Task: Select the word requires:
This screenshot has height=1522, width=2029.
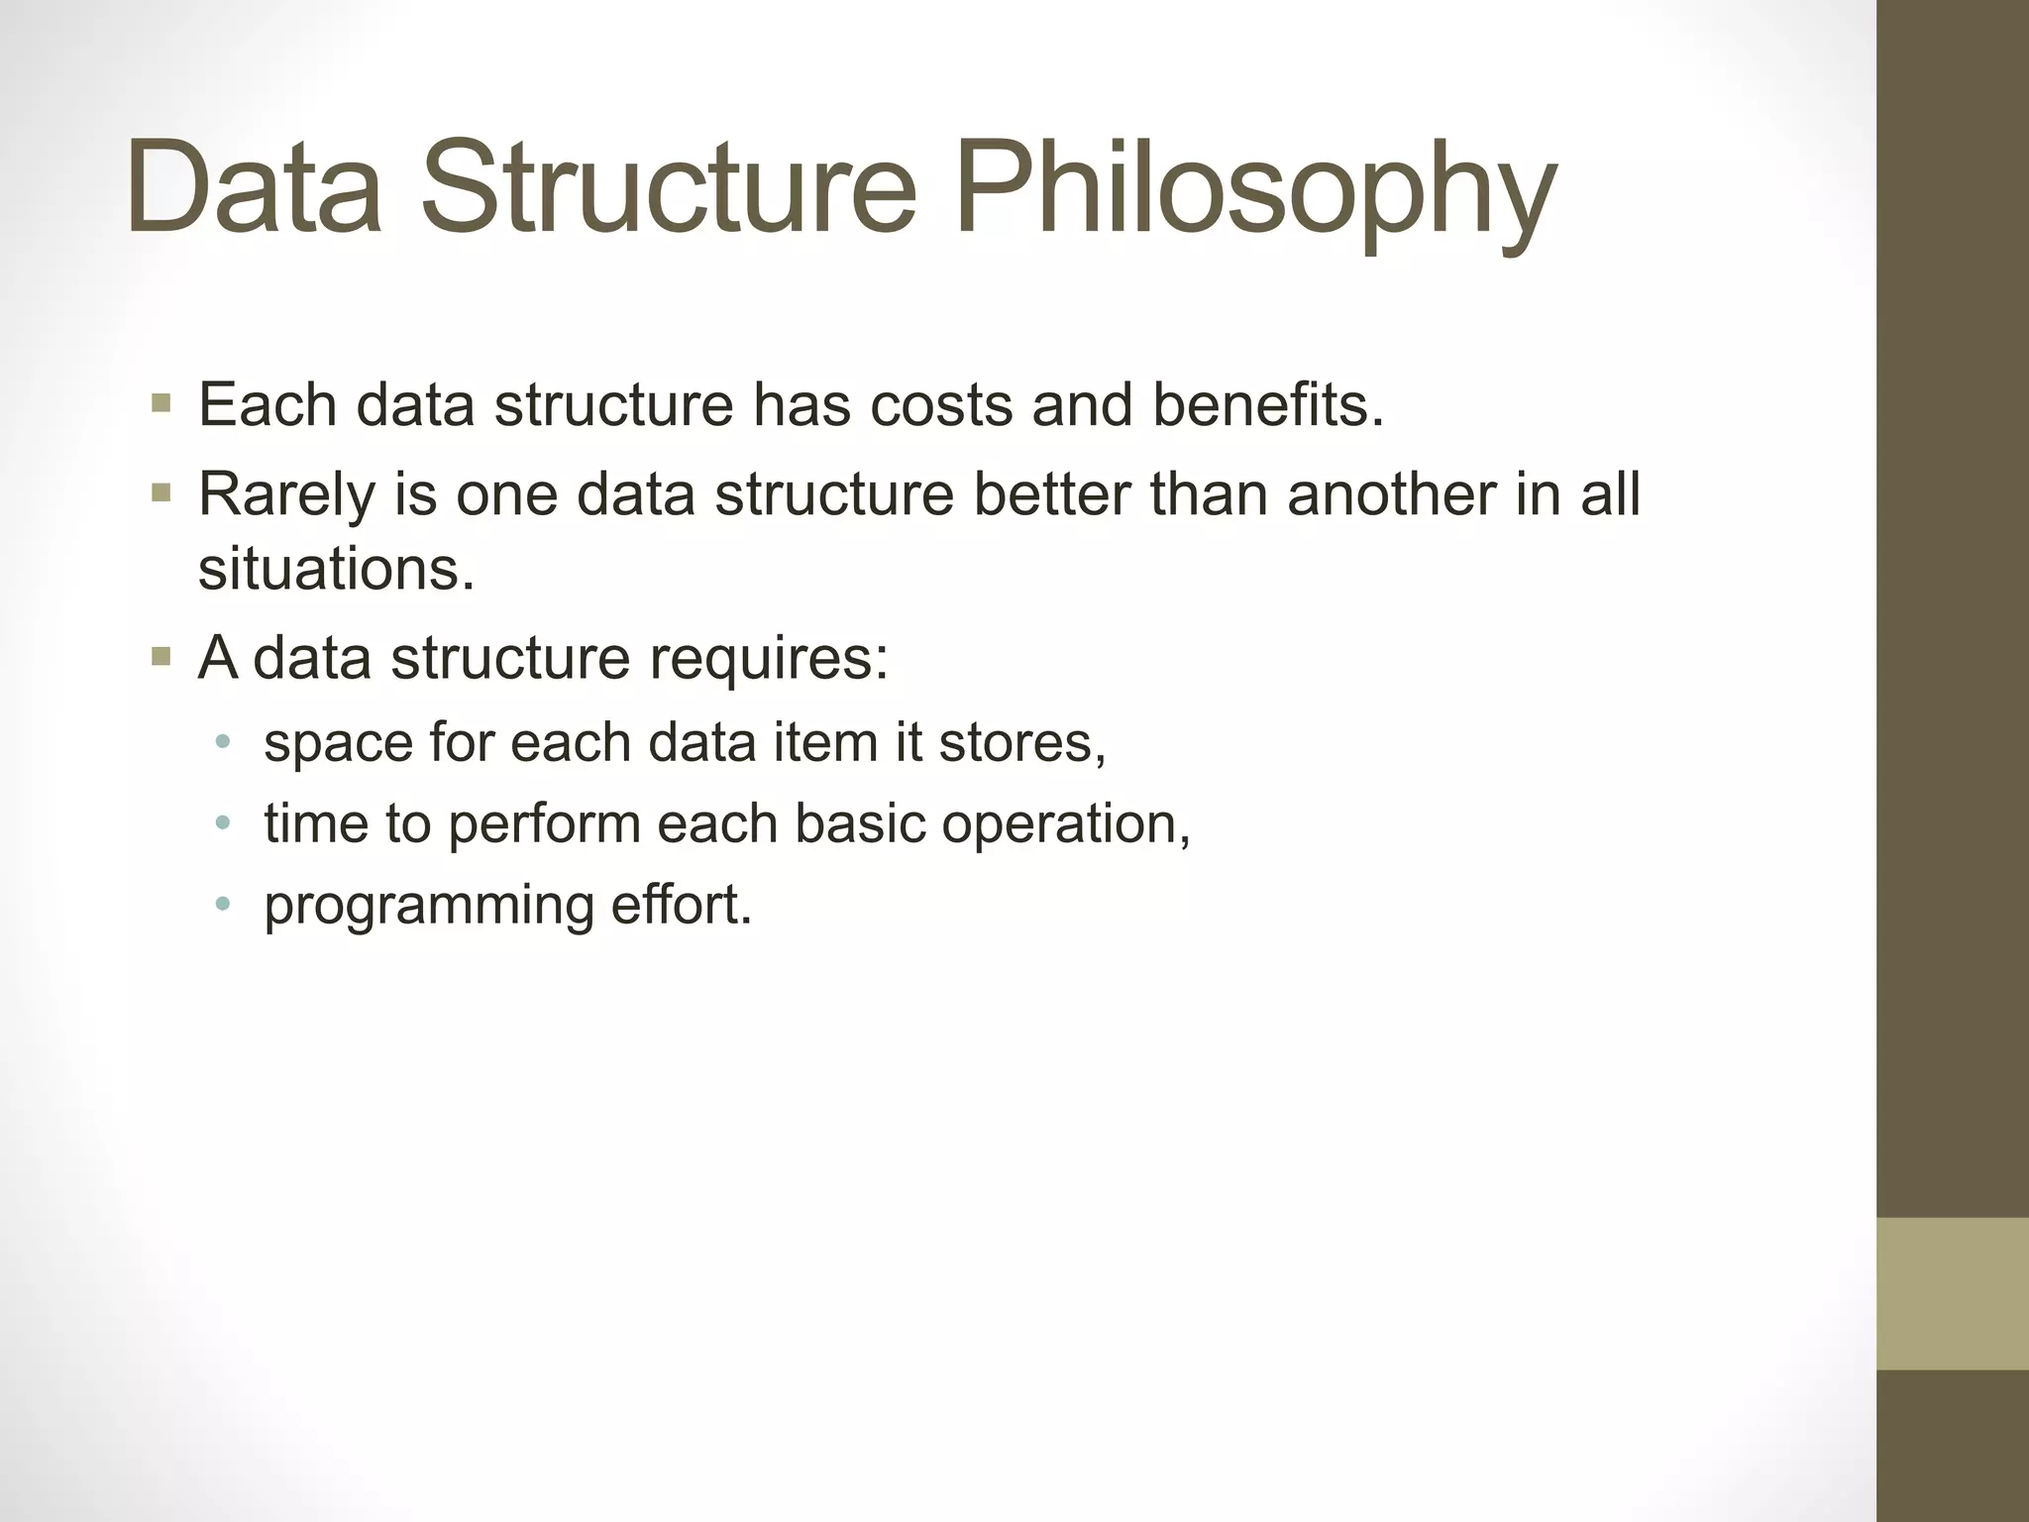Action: coord(769,658)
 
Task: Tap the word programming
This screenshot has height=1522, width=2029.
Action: coord(428,906)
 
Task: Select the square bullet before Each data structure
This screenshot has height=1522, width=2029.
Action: coord(161,404)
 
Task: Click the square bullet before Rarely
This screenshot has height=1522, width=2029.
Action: coord(161,492)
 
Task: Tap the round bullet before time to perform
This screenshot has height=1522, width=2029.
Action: coord(223,823)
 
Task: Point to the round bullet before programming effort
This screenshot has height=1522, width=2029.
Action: coord(223,904)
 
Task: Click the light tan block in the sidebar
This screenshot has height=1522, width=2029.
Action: coord(1952,1294)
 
